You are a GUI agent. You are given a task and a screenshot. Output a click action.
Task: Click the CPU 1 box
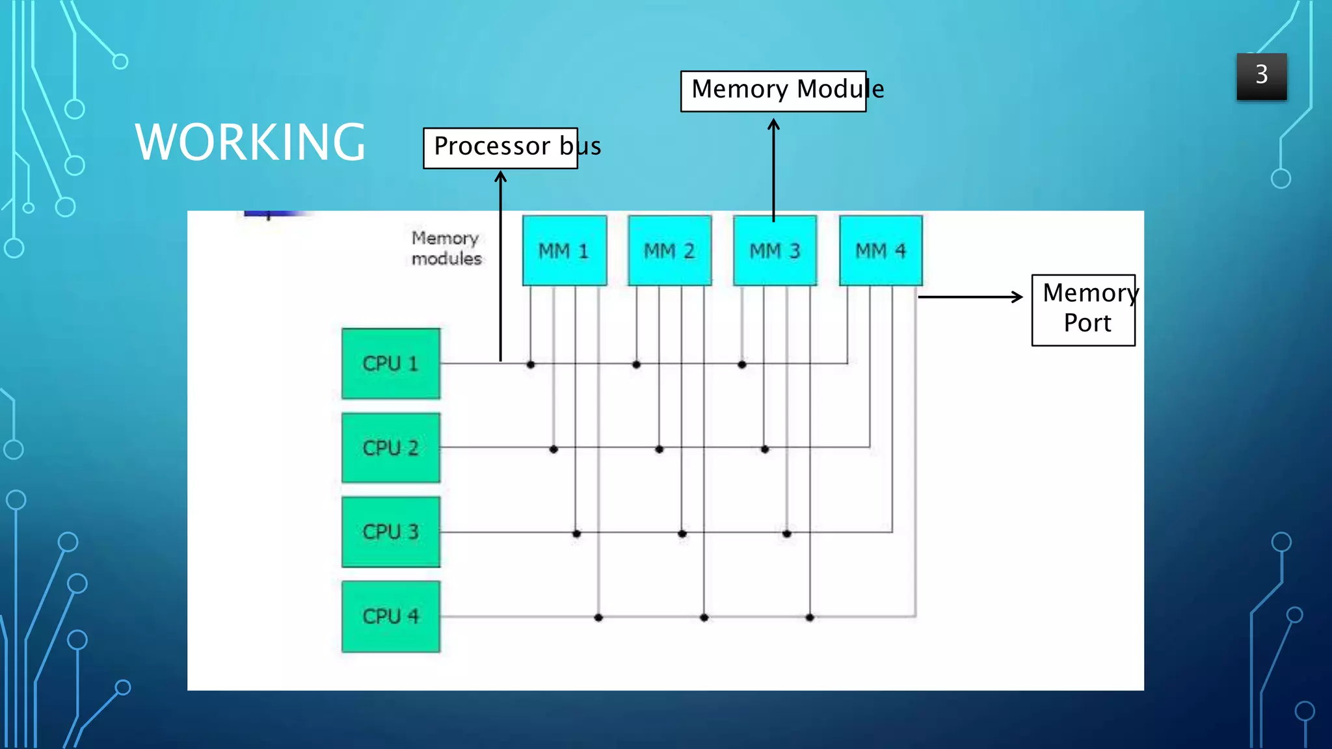(x=390, y=363)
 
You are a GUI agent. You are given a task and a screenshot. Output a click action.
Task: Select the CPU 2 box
(x=390, y=448)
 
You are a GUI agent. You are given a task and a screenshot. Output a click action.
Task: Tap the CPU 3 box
(x=390, y=532)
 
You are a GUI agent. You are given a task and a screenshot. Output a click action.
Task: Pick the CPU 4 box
(x=390, y=616)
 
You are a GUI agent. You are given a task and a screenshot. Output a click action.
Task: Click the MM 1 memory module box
(x=564, y=251)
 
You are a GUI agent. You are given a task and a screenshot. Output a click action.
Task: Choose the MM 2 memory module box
(x=669, y=251)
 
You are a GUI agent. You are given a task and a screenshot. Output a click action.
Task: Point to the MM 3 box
(x=775, y=251)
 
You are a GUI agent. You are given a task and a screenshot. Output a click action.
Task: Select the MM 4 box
(x=880, y=251)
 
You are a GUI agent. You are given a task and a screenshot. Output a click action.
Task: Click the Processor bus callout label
(x=501, y=148)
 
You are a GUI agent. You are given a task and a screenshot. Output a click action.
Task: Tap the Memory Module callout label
(x=773, y=90)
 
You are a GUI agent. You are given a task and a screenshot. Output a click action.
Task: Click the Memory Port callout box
(x=1084, y=309)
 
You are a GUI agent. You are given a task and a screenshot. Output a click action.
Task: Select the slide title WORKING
(x=250, y=142)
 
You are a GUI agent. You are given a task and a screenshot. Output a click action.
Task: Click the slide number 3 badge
(x=1261, y=76)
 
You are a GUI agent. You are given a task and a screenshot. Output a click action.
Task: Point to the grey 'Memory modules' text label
(x=446, y=248)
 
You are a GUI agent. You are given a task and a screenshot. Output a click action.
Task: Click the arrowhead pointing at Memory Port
(x=1018, y=296)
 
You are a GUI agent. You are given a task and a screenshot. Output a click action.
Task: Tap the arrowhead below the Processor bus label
(x=500, y=176)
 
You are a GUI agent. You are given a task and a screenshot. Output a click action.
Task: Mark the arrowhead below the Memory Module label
(x=773, y=124)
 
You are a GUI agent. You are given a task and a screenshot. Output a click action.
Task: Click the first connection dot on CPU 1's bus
(x=531, y=365)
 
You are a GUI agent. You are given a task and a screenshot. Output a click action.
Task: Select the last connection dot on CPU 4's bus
(x=810, y=617)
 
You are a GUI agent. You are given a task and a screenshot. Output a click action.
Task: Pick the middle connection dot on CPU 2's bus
(x=659, y=449)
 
